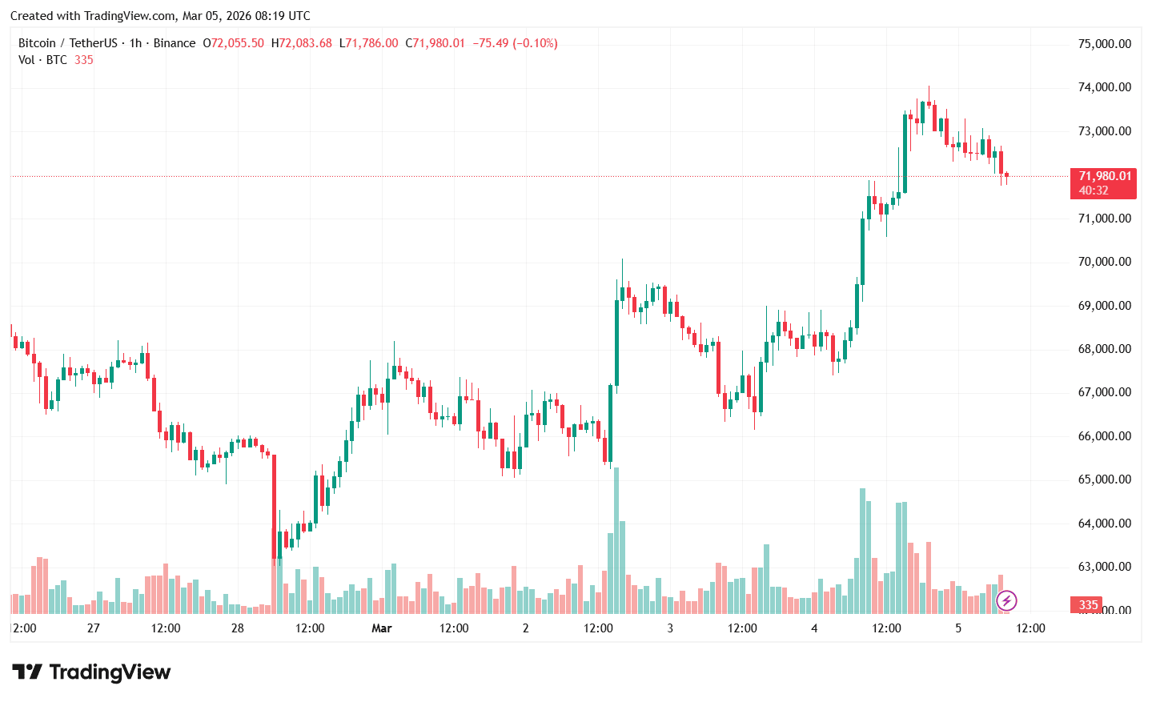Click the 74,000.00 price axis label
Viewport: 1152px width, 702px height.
point(1104,87)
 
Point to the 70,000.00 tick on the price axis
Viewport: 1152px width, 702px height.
point(1104,262)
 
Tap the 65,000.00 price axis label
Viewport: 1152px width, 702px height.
point(1104,479)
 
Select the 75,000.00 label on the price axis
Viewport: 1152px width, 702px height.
point(1104,44)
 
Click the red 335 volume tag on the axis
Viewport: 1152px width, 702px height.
point(1088,605)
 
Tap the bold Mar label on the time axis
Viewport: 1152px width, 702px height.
point(382,628)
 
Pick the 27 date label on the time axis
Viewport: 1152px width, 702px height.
point(94,628)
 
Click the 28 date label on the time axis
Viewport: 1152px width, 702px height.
point(238,628)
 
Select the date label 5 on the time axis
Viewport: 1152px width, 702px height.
point(958,628)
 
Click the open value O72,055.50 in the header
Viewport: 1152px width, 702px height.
point(234,43)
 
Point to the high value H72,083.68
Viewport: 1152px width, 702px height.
point(301,43)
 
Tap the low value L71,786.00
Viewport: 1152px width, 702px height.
point(368,43)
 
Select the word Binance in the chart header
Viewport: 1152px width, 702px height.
point(174,43)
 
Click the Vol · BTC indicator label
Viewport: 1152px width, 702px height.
point(42,60)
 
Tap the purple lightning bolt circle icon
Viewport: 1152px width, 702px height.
point(1006,600)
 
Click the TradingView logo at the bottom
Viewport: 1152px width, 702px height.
point(91,672)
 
